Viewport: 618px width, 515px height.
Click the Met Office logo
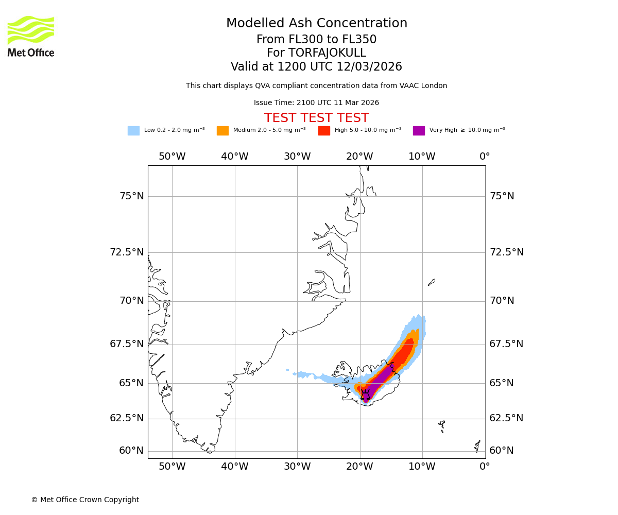coord(31,36)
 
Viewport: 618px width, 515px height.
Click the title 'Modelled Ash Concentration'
coord(316,24)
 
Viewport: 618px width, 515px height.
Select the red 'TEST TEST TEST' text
coord(316,118)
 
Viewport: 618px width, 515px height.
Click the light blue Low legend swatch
coord(133,131)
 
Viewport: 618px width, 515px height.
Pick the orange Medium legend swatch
coord(222,131)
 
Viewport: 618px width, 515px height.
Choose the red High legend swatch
coord(324,131)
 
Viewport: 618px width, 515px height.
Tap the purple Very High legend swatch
coord(419,131)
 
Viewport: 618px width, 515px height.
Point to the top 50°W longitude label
coord(172,157)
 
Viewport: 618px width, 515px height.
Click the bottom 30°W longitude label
coord(297,467)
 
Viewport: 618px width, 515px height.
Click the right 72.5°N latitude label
coord(506,252)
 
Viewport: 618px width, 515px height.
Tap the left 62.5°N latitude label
coord(127,418)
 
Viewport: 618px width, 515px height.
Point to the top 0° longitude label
coord(485,157)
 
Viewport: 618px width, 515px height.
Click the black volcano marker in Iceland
coord(366,395)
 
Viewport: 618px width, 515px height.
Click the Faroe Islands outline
coord(442,425)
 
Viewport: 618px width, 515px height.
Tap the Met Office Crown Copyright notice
coord(85,500)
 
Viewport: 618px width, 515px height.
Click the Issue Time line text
coord(316,103)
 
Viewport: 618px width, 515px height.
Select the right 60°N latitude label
coord(502,451)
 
